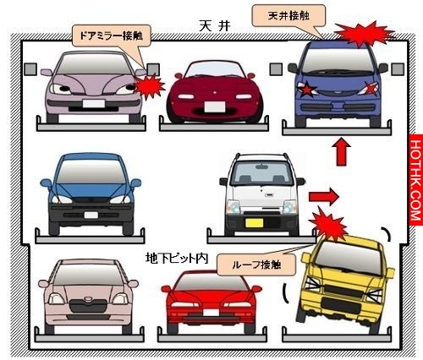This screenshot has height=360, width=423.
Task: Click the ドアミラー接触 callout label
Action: (x=112, y=35)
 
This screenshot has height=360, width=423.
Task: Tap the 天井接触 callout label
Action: (x=288, y=16)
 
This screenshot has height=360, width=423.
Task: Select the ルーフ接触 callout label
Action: (x=256, y=265)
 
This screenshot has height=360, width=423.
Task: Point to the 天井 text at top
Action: (x=215, y=26)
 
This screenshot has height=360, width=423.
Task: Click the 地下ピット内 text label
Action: (x=177, y=258)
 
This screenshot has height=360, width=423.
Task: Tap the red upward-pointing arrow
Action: (x=341, y=151)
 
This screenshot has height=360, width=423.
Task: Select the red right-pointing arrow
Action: (x=324, y=197)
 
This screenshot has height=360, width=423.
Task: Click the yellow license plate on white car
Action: (x=254, y=223)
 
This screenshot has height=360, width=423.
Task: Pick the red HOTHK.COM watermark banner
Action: (x=416, y=180)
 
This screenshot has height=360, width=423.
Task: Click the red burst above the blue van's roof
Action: (x=365, y=34)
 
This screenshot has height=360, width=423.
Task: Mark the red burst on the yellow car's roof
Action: (x=328, y=225)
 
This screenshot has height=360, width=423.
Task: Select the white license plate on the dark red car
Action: (x=215, y=106)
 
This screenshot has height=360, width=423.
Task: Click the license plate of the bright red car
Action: (x=211, y=313)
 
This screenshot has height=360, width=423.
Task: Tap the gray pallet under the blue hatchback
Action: (x=90, y=238)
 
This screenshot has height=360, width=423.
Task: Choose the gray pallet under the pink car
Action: (x=90, y=337)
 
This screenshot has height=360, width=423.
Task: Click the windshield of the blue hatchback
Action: (x=91, y=172)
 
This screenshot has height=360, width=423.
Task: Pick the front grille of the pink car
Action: (x=88, y=306)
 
